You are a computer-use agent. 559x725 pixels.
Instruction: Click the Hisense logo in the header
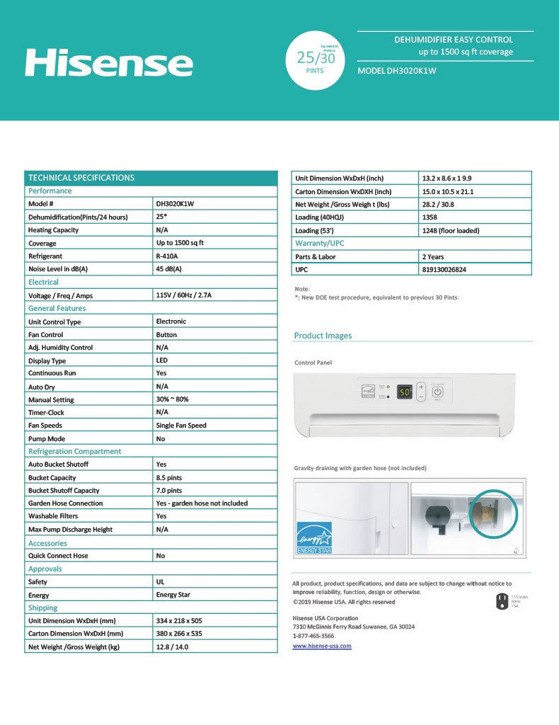click(x=108, y=62)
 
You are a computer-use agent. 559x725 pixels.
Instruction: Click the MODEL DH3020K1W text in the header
click(x=397, y=71)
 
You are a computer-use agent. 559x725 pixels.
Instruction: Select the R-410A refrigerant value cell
click(x=167, y=256)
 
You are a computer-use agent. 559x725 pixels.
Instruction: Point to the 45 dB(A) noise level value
click(x=168, y=269)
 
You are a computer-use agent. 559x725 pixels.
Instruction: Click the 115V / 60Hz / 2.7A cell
click(x=183, y=295)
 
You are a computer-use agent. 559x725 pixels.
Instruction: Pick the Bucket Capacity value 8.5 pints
click(x=168, y=477)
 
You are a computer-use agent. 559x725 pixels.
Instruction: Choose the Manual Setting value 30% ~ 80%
click(x=172, y=399)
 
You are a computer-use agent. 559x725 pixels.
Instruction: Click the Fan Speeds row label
click(x=45, y=426)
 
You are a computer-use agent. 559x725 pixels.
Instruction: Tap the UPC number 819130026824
click(x=444, y=270)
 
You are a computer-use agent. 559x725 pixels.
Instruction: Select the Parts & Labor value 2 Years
click(x=433, y=257)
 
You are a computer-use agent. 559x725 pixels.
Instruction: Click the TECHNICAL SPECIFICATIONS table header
click(x=81, y=178)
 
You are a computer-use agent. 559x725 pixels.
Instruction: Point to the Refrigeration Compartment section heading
click(x=74, y=451)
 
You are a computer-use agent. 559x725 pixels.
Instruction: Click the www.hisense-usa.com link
click(x=322, y=646)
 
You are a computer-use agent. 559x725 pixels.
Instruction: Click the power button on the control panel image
click(x=437, y=392)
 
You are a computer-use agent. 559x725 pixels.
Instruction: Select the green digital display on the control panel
click(x=404, y=392)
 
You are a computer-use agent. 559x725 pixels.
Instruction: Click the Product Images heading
click(x=323, y=336)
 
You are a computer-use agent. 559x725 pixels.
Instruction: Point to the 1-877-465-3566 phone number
click(x=313, y=636)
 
